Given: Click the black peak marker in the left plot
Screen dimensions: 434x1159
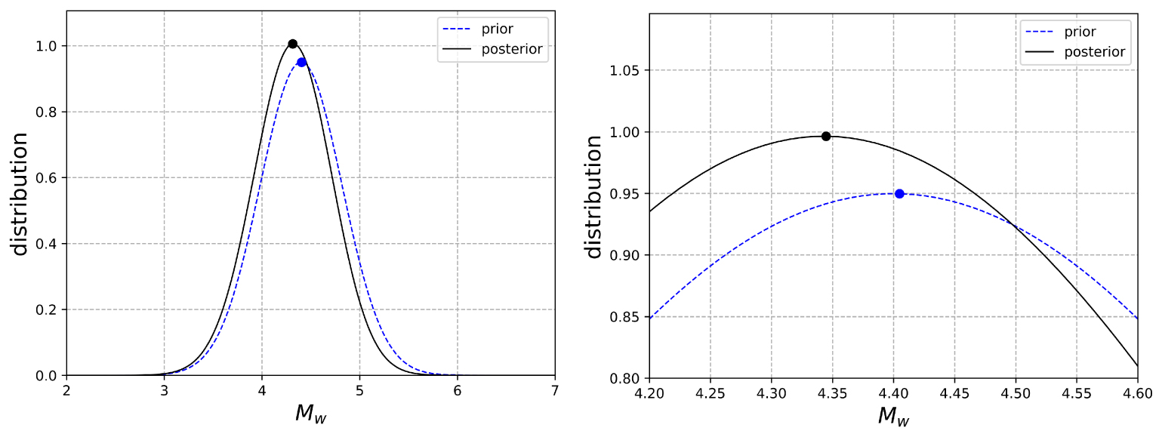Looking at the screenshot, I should click(x=292, y=44).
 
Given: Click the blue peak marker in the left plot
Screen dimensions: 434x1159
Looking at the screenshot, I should click(x=301, y=62).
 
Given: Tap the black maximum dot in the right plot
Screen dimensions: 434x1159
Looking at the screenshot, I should click(x=826, y=136).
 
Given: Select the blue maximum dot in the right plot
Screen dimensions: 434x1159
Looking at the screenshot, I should click(x=899, y=194).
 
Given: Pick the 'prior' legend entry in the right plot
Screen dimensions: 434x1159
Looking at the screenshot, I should click(x=1080, y=32).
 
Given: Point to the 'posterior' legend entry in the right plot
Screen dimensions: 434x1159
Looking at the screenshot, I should click(x=1094, y=52).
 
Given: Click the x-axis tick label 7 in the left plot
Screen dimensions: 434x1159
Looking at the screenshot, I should click(x=555, y=391).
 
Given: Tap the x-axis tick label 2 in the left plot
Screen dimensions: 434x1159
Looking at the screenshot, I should click(x=66, y=391).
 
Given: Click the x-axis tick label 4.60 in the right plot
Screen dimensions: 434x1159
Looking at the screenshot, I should click(x=1137, y=394).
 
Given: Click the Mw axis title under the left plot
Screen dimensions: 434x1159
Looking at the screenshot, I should click(x=310, y=414).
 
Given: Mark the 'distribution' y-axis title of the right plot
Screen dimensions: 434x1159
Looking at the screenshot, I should click(x=594, y=196).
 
